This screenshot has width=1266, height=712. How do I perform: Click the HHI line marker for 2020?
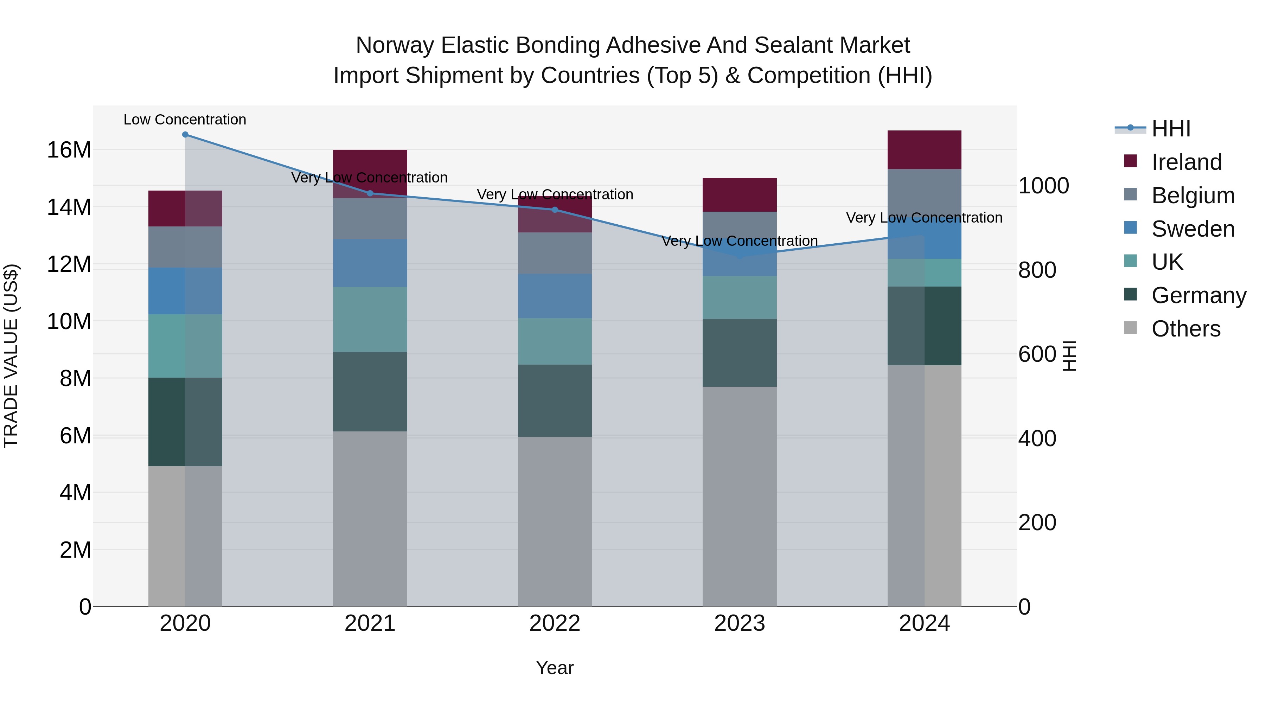pyautogui.click(x=185, y=135)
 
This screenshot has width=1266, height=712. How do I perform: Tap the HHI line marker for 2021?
pyautogui.click(x=370, y=193)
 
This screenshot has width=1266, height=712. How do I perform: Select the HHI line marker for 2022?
pyautogui.click(x=555, y=210)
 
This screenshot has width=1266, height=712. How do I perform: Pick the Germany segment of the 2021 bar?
pyautogui.click(x=370, y=392)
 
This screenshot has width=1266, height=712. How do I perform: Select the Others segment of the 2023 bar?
pyautogui.click(x=739, y=496)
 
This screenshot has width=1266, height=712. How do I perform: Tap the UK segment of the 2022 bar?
pyautogui.click(x=555, y=341)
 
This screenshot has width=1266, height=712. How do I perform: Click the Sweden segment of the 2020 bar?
pyautogui.click(x=185, y=291)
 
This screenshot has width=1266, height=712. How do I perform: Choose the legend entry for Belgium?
pyautogui.click(x=1193, y=195)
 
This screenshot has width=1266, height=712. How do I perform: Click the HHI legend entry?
pyautogui.click(x=1171, y=129)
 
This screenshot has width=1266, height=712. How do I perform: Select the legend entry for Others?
pyautogui.click(x=1185, y=329)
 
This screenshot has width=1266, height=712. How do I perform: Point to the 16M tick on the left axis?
pyautogui.click(x=69, y=150)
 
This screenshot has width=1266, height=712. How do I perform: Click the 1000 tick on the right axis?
pyautogui.click(x=1043, y=186)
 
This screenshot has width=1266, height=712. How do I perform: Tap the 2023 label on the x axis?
pyautogui.click(x=739, y=623)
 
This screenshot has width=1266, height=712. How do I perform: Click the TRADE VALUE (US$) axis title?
pyautogui.click(x=11, y=356)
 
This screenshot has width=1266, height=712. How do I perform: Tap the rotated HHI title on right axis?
pyautogui.click(x=1069, y=356)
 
